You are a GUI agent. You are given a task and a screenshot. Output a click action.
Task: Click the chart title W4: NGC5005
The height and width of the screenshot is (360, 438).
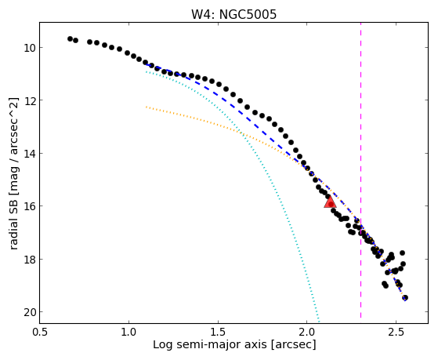[x=233, y=14]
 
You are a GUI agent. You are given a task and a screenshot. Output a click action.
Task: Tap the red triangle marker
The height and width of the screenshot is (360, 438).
[x=330, y=202]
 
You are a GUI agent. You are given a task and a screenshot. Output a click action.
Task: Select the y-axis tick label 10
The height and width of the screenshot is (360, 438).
[x=29, y=48]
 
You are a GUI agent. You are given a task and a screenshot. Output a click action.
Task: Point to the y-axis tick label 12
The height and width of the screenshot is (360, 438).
[x=29, y=100]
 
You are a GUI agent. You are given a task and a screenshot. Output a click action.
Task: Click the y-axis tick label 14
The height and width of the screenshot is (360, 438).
[x=29, y=153]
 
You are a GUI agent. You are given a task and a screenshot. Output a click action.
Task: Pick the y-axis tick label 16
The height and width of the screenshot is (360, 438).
[x=29, y=206]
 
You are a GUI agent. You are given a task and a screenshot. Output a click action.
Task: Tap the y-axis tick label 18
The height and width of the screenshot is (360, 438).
[x=29, y=260]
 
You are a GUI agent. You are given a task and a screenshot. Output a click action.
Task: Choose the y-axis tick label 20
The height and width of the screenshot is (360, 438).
[x=29, y=312]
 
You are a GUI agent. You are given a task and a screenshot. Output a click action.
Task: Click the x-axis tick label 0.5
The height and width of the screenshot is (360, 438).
[x=40, y=332]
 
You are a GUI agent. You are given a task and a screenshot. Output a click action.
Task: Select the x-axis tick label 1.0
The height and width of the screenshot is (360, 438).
[x=129, y=332]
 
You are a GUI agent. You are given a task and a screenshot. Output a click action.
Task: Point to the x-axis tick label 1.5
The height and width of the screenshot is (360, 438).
[x=218, y=332]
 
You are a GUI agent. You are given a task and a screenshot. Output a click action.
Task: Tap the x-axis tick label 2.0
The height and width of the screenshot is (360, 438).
[x=307, y=332]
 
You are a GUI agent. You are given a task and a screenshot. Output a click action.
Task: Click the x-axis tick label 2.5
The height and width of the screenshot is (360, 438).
[x=396, y=332]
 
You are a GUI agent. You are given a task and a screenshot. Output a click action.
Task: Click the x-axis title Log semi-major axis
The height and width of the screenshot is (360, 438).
[x=210, y=344]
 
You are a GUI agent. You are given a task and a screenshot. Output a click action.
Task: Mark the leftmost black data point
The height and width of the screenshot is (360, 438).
[x=70, y=38]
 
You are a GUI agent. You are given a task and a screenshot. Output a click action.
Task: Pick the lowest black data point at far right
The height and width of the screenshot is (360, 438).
[x=405, y=297]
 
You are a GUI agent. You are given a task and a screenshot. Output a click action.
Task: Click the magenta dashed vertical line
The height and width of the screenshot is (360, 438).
[x=360, y=170]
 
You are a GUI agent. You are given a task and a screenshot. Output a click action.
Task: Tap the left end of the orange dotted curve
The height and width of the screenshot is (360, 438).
[x=146, y=107]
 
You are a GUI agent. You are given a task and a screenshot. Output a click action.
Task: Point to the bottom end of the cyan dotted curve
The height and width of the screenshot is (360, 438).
[x=319, y=321]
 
